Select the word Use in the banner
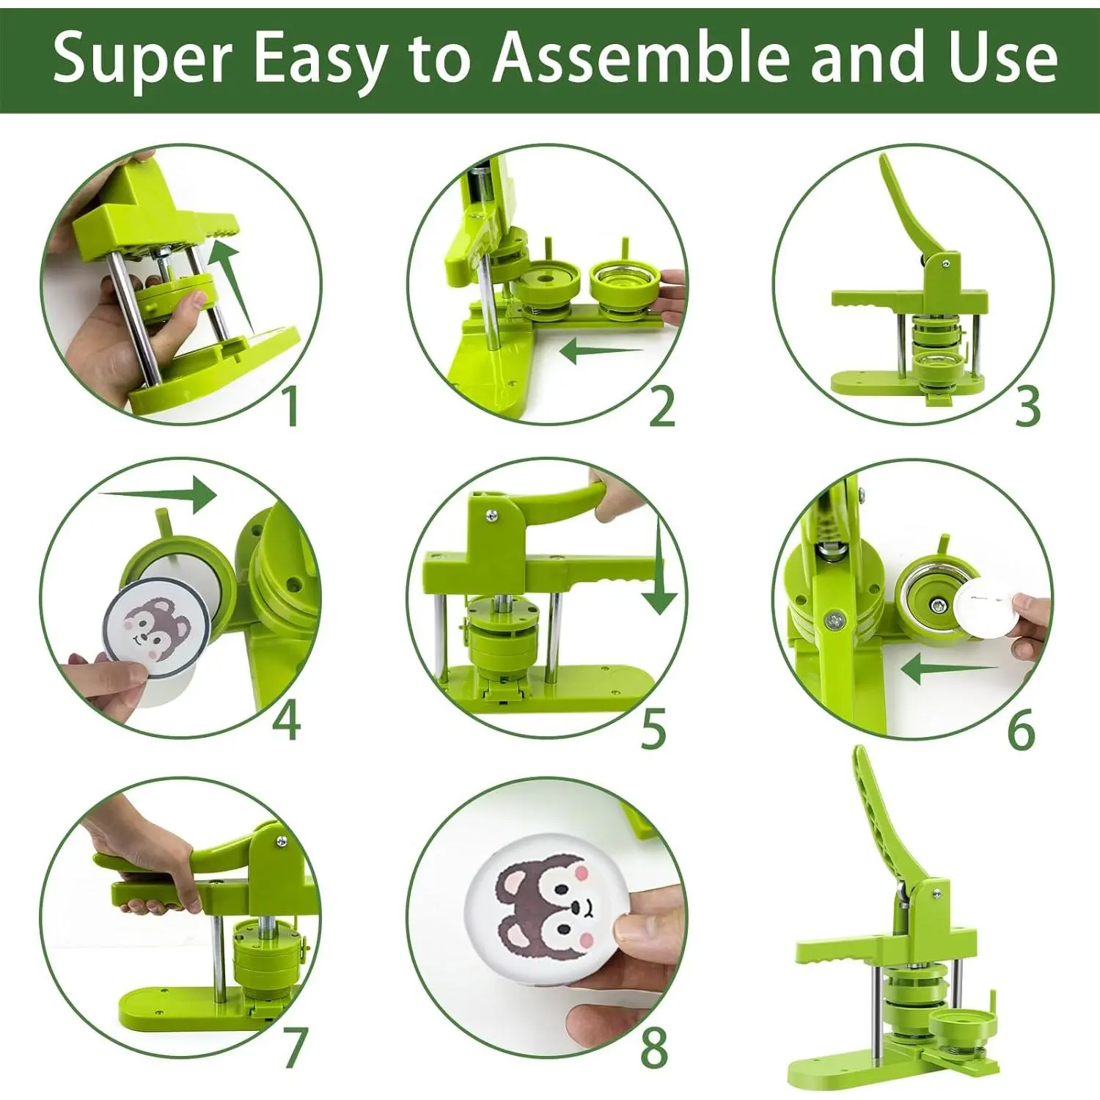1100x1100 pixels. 1002,58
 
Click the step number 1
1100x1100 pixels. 291,406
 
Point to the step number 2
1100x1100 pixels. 662,406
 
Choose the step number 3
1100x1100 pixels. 1027,406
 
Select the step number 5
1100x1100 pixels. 653,729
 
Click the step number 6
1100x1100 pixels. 1021,729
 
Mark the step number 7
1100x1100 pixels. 295,1047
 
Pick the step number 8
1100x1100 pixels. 654,1047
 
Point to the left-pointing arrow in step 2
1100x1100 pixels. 601,351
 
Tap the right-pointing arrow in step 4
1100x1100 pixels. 157,494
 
